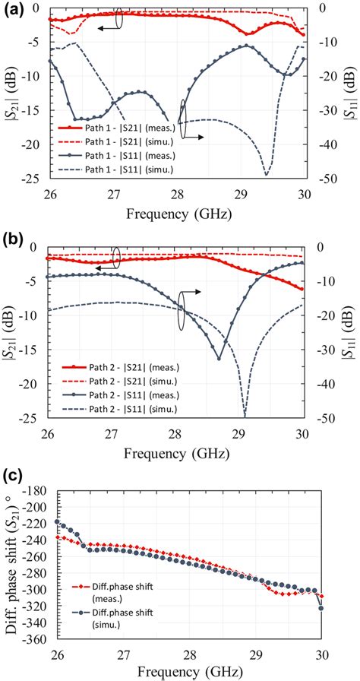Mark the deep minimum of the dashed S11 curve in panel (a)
tap(266, 176)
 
